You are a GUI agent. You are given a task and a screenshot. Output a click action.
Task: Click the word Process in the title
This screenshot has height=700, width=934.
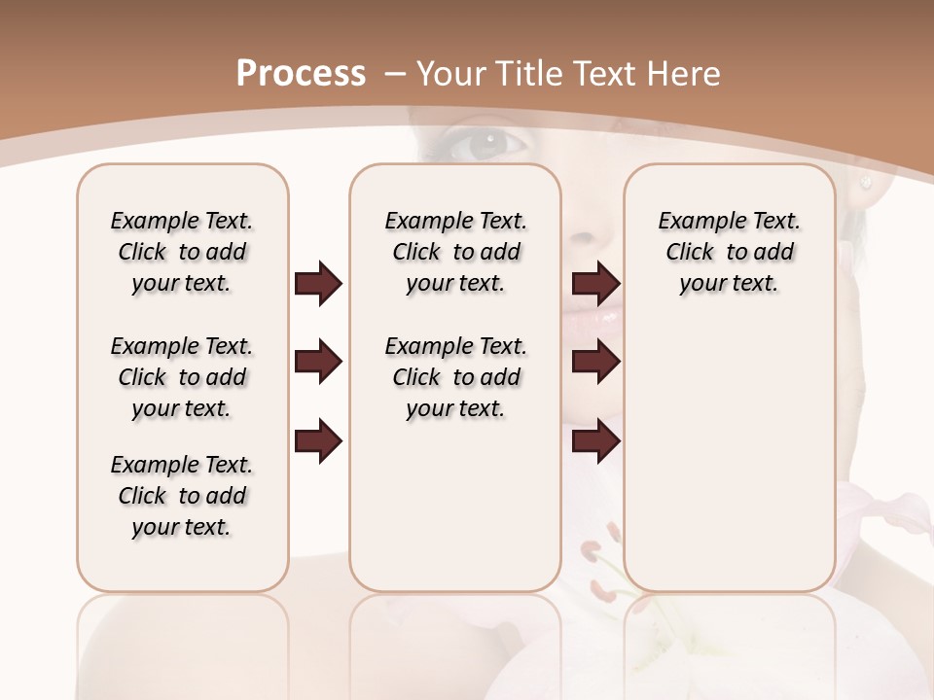[x=301, y=74]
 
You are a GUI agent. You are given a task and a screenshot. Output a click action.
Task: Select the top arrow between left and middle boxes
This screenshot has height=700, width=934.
[x=318, y=284]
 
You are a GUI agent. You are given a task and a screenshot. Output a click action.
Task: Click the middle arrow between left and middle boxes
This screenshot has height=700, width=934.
[x=318, y=363]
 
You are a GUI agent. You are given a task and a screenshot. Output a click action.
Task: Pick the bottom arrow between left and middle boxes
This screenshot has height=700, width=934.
[x=318, y=440]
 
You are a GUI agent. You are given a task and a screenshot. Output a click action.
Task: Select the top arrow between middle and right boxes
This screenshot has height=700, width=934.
[x=595, y=284]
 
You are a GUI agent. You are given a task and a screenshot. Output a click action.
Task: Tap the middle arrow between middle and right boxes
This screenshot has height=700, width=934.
[x=595, y=363]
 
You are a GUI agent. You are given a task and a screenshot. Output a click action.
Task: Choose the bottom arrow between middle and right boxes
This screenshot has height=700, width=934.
[x=595, y=440]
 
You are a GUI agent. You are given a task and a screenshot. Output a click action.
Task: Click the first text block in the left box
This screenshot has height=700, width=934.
[x=182, y=252]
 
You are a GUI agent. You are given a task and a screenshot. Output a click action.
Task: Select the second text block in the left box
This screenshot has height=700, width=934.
[x=182, y=377]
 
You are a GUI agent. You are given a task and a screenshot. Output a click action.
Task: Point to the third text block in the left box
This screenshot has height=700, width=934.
[x=182, y=496]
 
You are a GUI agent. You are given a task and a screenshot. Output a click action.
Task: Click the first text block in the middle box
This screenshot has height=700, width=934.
[x=455, y=252]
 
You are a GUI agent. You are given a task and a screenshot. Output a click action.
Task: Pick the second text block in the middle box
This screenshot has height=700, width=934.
[x=455, y=377]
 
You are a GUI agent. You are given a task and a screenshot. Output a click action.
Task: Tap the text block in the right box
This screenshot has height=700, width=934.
[x=729, y=252]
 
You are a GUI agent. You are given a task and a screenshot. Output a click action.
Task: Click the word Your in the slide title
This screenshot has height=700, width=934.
[x=449, y=74]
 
